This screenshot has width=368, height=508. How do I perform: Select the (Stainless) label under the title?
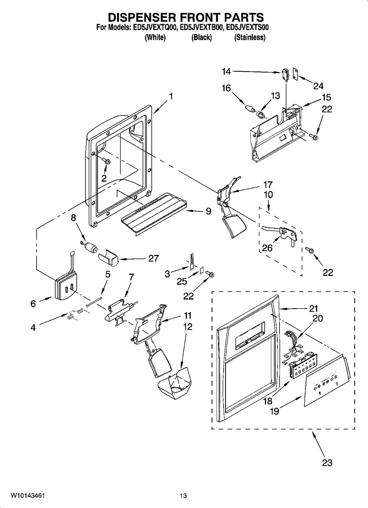pos(249,37)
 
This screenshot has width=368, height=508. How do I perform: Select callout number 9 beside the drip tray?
pos(208,211)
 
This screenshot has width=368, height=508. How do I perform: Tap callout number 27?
pos(154,258)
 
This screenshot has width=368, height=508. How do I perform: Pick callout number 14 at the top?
pos(226,72)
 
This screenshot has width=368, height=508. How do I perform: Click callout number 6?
pos(33,303)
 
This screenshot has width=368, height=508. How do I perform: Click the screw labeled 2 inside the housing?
pos(107,161)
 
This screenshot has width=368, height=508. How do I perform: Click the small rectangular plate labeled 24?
pos(295,74)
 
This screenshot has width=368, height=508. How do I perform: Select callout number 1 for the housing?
pos(170,96)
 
